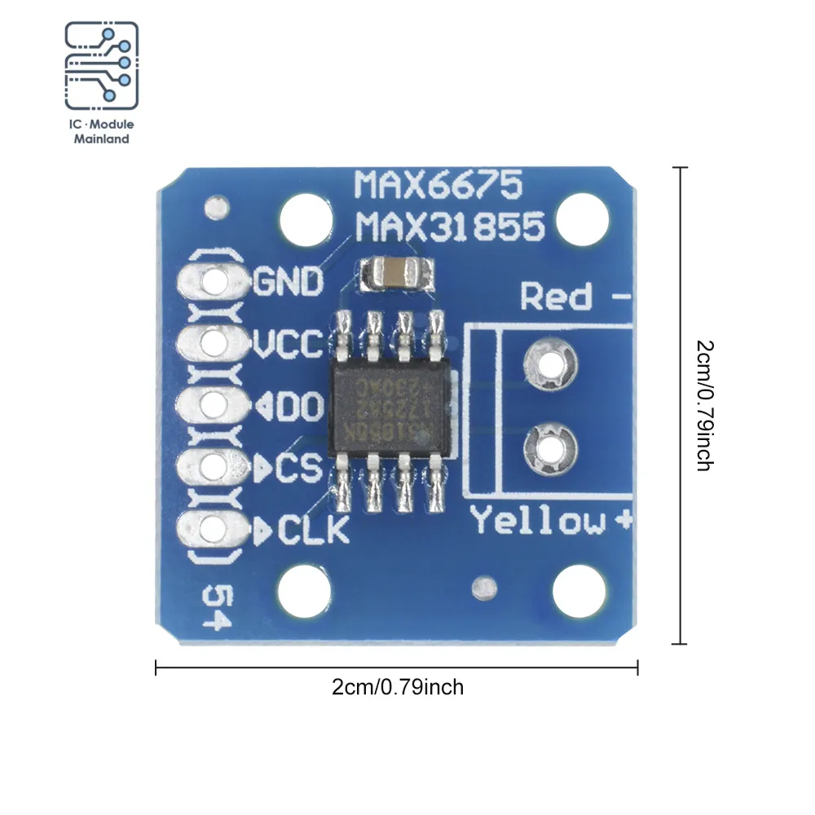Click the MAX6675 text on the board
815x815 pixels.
437,187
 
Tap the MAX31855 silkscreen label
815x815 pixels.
449,226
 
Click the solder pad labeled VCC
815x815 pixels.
215,342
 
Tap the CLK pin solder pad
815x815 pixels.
215,527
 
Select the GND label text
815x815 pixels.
289,282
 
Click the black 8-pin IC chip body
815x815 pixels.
390,405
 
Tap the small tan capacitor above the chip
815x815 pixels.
394,273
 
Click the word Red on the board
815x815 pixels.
557,297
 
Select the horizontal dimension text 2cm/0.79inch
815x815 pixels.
398,687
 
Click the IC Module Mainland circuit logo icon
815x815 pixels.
102,65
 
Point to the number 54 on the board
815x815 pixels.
214,608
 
